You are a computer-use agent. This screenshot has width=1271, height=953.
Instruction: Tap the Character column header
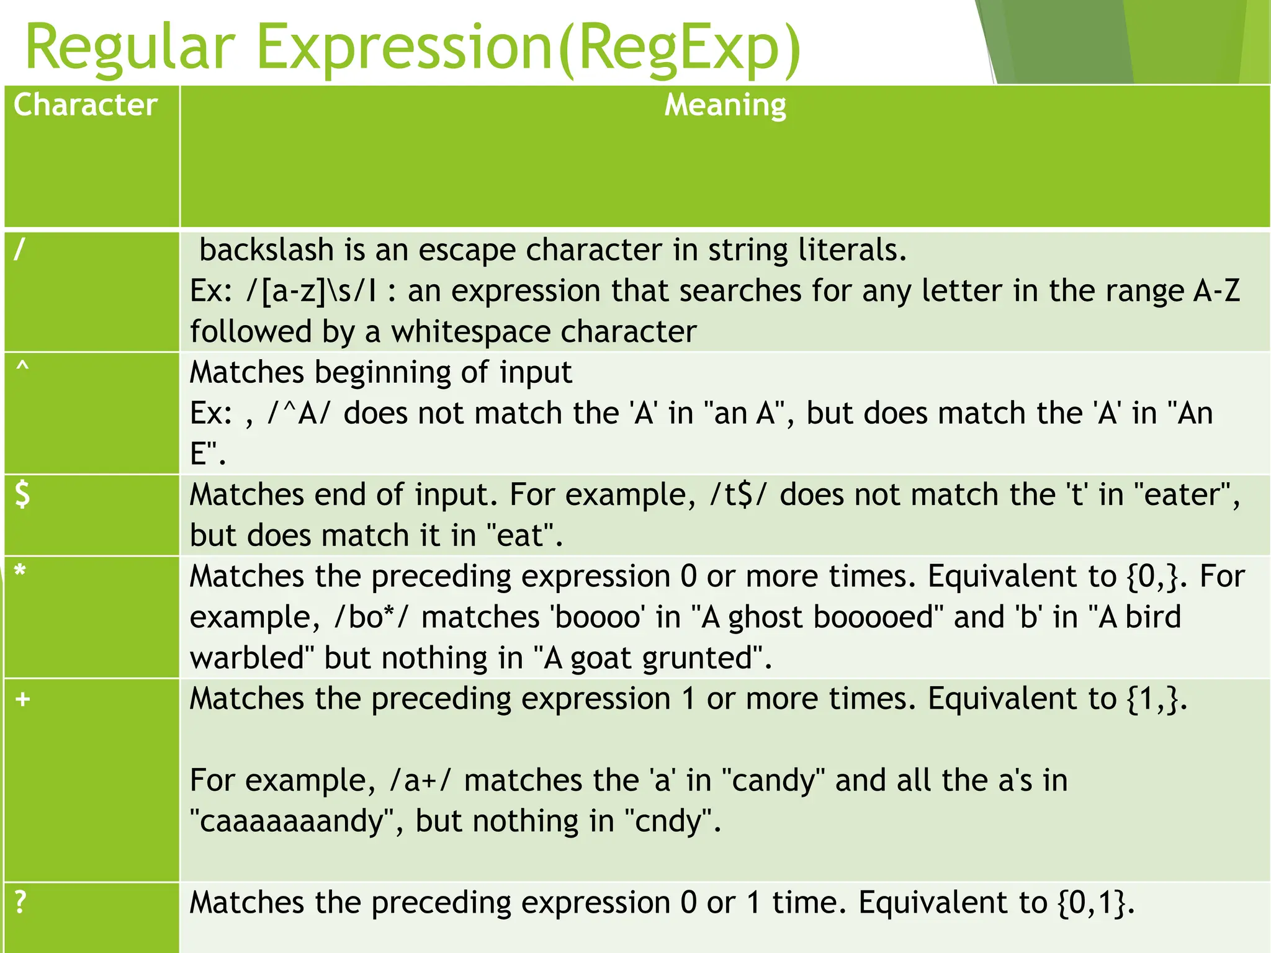click(85, 104)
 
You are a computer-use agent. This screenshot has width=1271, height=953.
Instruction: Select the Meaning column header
click(725, 104)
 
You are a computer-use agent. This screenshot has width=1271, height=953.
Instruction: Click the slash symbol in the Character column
click(20, 249)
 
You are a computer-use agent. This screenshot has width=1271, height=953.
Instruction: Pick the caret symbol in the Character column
click(22, 367)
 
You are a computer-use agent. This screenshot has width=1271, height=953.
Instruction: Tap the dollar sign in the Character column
click(22, 495)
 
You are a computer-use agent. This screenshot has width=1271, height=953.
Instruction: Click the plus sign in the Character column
click(23, 699)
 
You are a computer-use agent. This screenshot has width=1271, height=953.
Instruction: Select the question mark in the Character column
click(20, 902)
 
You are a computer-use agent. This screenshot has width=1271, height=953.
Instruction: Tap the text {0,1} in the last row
click(1095, 903)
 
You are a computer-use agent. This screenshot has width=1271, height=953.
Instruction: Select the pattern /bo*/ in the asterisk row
click(371, 617)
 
